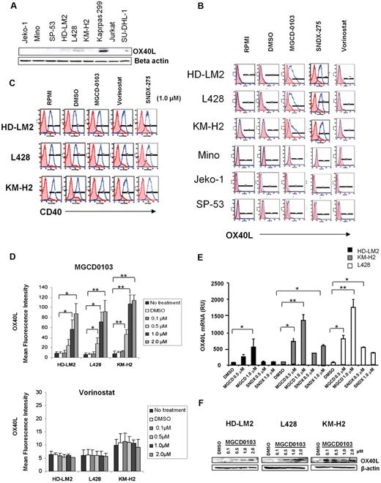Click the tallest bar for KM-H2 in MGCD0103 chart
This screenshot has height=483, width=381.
tap(152, 280)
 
